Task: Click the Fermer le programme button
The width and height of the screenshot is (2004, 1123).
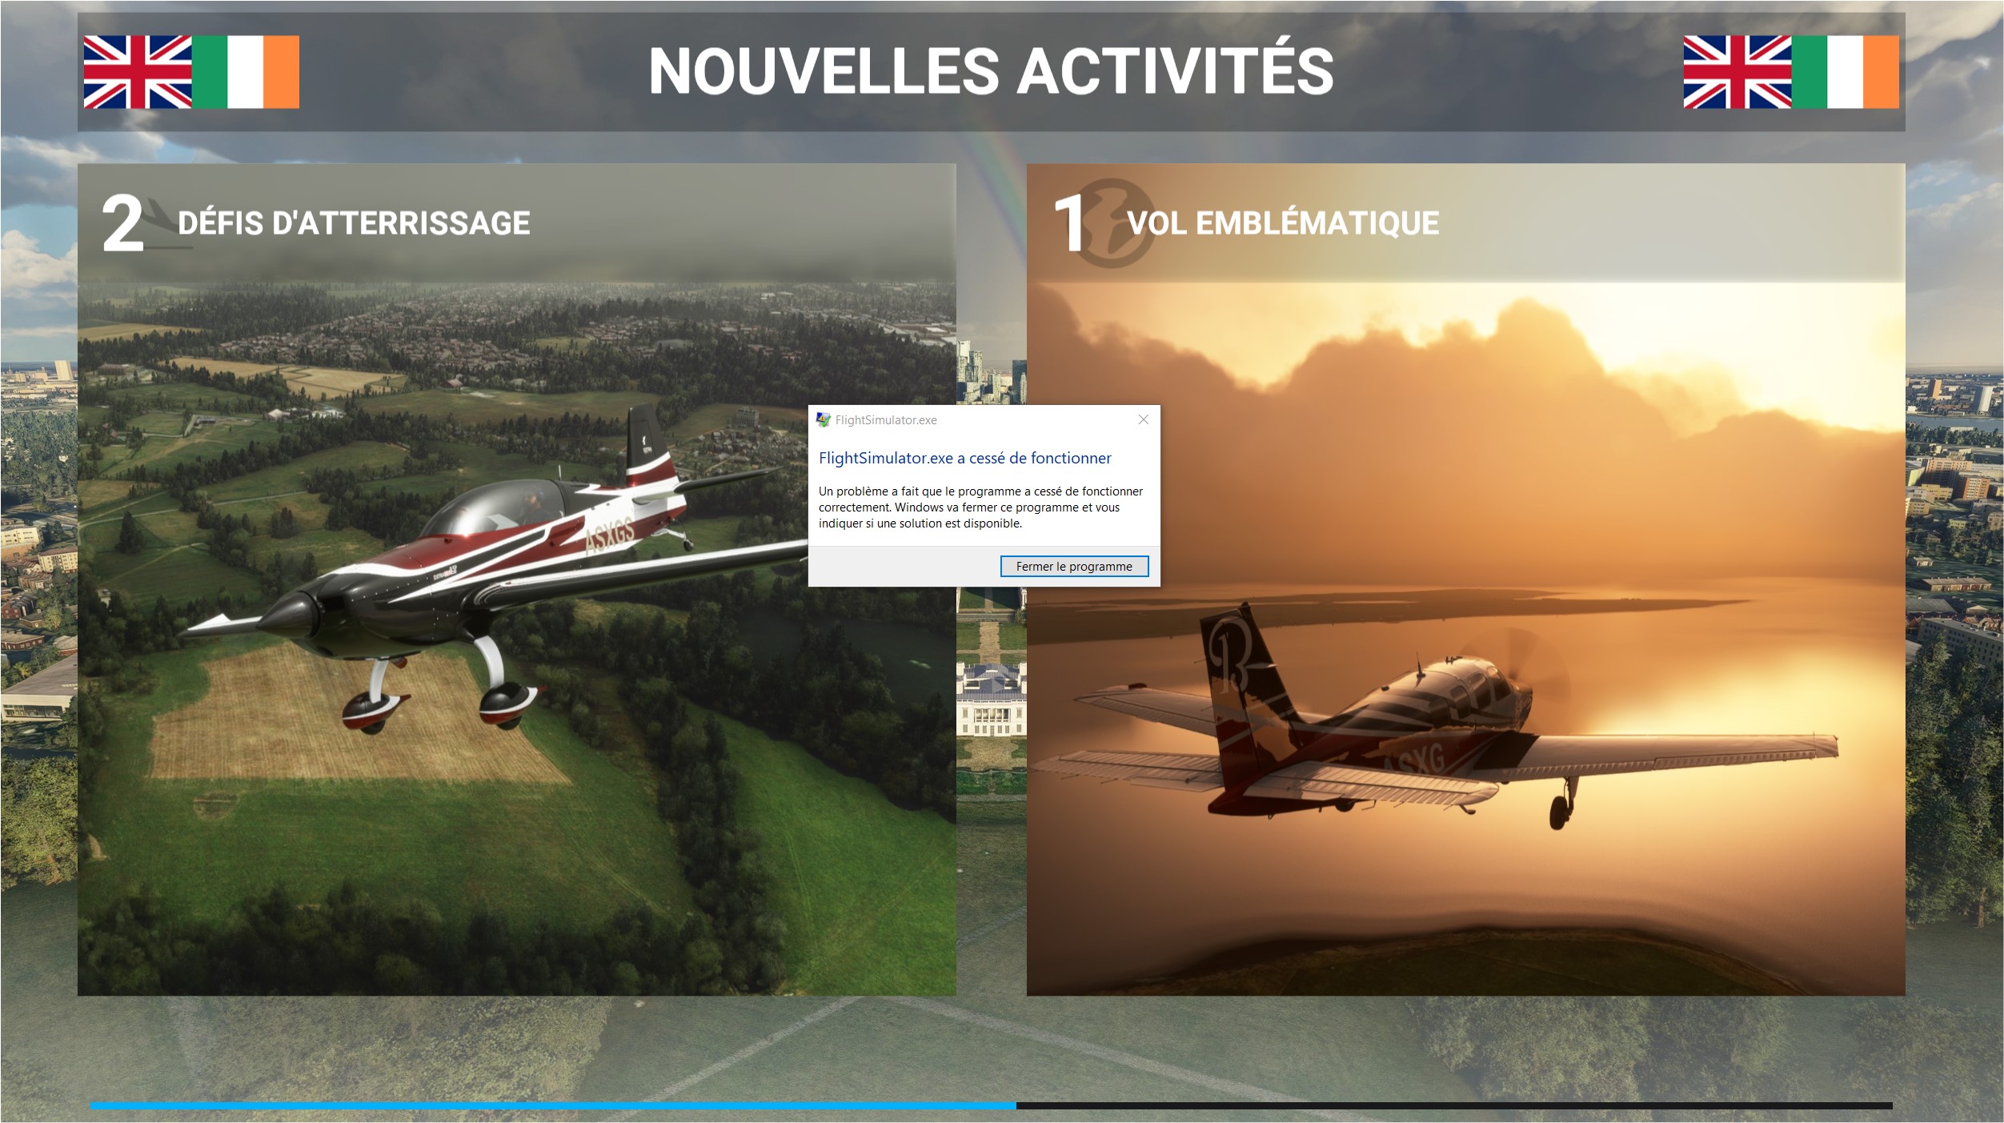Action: tap(1074, 566)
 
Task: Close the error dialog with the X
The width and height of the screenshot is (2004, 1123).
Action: tap(1144, 419)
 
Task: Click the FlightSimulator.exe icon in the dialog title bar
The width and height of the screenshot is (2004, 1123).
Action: tap(823, 419)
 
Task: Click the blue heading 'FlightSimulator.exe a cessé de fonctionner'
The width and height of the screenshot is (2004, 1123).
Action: tap(964, 458)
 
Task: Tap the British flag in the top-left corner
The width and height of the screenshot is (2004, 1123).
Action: tap(138, 72)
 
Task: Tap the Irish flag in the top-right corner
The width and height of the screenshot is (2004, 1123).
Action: tap(1845, 72)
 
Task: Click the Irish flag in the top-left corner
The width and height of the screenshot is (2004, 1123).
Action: tap(246, 72)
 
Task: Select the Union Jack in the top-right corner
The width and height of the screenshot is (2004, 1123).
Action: tap(1737, 72)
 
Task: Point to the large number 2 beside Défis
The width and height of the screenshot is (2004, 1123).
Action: tap(122, 224)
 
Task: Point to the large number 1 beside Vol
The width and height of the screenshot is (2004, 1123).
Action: tap(1069, 224)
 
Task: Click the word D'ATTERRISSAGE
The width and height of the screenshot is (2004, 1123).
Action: tap(401, 223)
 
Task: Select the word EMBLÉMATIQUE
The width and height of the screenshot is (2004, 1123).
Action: tap(1317, 222)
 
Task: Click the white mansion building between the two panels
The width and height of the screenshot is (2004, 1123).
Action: tap(992, 700)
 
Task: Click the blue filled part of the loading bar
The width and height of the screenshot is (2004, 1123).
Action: tap(553, 1105)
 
